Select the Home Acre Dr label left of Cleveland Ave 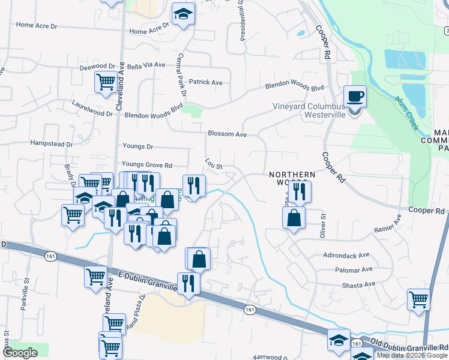(37, 25)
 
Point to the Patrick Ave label (206, 82)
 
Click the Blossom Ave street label (228, 134)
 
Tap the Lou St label (214, 164)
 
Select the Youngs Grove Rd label (146, 165)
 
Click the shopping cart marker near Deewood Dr (106, 82)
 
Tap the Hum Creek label (406, 114)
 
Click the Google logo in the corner (20, 353)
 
